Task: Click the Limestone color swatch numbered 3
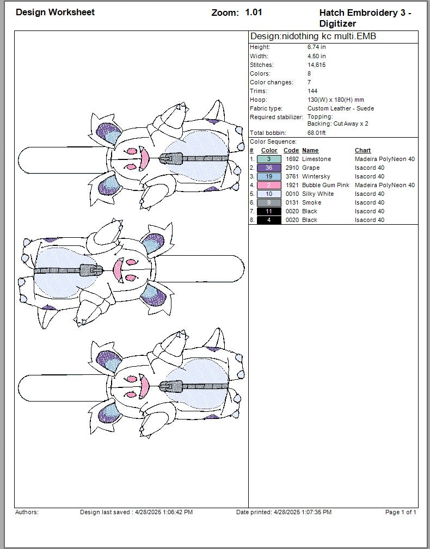coord(269,159)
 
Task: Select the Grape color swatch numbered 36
coord(269,168)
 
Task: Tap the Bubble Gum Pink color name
coord(325,185)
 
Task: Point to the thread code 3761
coord(292,176)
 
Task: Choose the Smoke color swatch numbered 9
coord(269,202)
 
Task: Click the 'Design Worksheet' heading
coord(55,12)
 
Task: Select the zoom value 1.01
coord(253,12)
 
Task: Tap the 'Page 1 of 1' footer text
coord(401,512)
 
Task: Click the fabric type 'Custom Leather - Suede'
coord(340,108)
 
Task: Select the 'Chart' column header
coord(363,150)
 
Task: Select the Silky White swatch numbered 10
coord(269,194)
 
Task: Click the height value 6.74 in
coord(316,47)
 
